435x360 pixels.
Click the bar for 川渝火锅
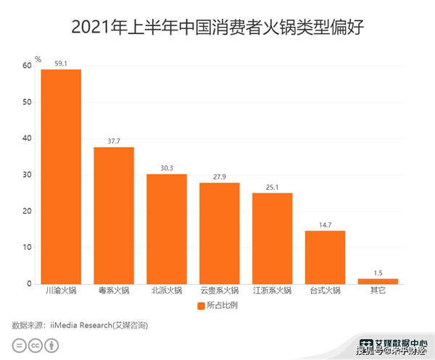coord(61,176)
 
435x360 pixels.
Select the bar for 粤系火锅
coord(114,215)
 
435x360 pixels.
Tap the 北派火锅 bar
coord(167,229)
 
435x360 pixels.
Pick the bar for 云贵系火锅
coord(220,233)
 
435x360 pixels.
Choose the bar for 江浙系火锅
coord(272,238)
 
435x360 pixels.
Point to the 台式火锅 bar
coord(325,257)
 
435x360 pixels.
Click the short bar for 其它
coord(378,281)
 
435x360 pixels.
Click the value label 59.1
coord(61,63)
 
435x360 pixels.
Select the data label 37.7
coord(114,141)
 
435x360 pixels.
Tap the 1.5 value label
coord(378,273)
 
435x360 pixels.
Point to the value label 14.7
coord(325,225)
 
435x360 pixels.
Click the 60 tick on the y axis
coord(27,66)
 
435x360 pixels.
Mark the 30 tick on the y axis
coord(27,175)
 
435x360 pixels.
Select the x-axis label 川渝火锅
coord(61,291)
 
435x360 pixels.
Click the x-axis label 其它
coord(378,291)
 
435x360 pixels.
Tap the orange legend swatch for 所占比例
coord(202,306)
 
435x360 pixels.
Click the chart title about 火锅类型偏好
coord(217,28)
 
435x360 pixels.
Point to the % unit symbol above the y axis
coord(38,59)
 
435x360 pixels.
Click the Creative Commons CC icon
coord(34,346)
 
